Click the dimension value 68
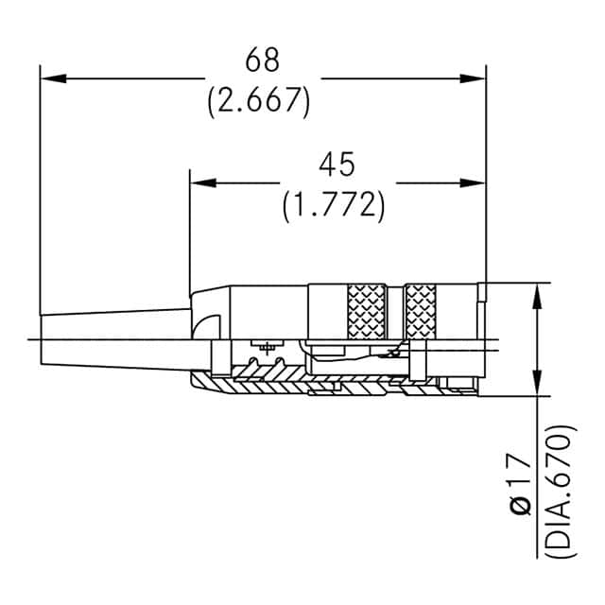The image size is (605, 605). [263, 60]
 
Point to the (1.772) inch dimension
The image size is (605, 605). [333, 205]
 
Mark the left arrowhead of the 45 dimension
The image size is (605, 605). [201, 182]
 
